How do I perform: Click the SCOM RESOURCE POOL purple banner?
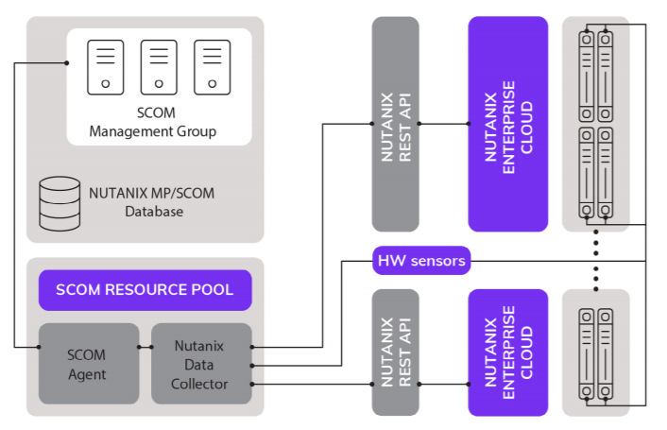pyautogui.click(x=145, y=289)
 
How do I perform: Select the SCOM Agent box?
pyautogui.click(x=86, y=364)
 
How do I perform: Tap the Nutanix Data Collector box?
pyautogui.click(x=200, y=364)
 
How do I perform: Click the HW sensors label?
pyautogui.click(x=421, y=260)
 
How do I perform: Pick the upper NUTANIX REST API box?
pyautogui.click(x=395, y=123)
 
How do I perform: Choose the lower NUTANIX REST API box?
pyautogui.click(x=395, y=353)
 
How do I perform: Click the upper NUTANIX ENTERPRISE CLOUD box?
pyautogui.click(x=507, y=123)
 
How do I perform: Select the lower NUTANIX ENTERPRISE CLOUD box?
pyautogui.click(x=507, y=353)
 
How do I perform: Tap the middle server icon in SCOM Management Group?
pyautogui.click(x=159, y=66)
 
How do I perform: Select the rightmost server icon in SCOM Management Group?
pyautogui.click(x=212, y=66)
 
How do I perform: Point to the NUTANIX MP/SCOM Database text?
pyautogui.click(x=152, y=202)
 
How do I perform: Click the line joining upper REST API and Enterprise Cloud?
pyautogui.click(x=443, y=124)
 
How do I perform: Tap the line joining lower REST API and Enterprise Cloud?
pyautogui.click(x=443, y=384)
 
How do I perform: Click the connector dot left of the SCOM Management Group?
pyautogui.click(x=66, y=63)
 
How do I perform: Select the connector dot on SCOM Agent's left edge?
pyautogui.click(x=39, y=347)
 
